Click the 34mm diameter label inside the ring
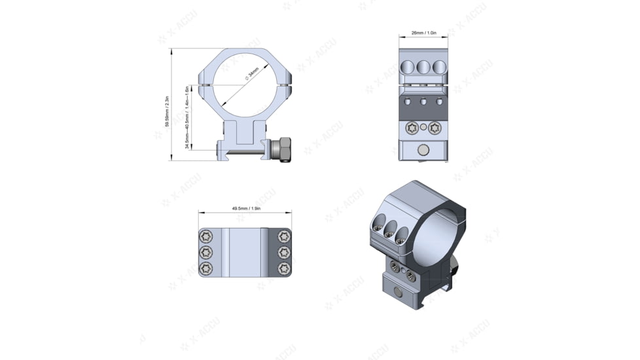(252, 73)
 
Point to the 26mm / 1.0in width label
(423, 33)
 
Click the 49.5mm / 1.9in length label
(246, 209)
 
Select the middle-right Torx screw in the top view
(283, 253)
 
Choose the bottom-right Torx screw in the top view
(283, 268)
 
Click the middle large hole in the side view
(423, 67)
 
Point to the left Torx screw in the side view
(412, 128)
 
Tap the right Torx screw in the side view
(435, 128)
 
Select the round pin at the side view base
(423, 151)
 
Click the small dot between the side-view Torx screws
(423, 126)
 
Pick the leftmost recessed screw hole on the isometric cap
(378, 227)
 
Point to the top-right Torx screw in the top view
(283, 236)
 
